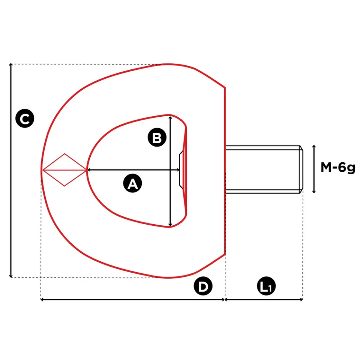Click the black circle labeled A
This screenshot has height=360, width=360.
pyautogui.click(x=133, y=183)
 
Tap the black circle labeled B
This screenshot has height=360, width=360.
pyautogui.click(x=157, y=138)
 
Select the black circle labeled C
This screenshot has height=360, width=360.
pyautogui.click(x=25, y=118)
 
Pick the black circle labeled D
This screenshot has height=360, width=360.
pyautogui.click(x=203, y=287)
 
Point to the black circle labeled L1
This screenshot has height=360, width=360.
pyautogui.click(x=267, y=287)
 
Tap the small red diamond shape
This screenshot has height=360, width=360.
pyautogui.click(x=64, y=170)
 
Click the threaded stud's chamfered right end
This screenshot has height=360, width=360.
pyautogui.click(x=301, y=169)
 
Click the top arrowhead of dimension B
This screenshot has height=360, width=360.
pyautogui.click(x=171, y=118)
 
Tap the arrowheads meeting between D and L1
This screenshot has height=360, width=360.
pyautogui.click(x=225, y=300)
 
